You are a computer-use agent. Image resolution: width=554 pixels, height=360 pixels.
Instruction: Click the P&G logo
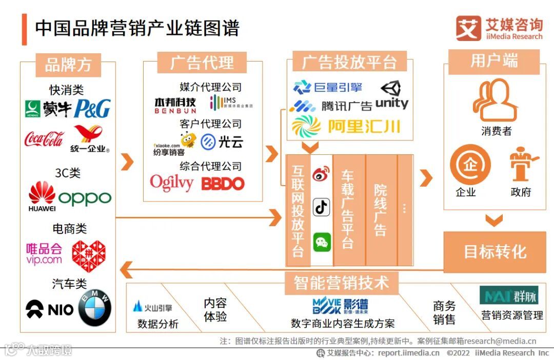[92, 108]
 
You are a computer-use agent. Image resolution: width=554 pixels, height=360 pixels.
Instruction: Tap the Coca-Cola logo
[44, 138]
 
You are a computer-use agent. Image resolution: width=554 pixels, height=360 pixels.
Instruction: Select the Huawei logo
[42, 197]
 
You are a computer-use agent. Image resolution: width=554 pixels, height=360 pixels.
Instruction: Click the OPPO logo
[85, 198]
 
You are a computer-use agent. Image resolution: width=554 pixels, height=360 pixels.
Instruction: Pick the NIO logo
[50, 309]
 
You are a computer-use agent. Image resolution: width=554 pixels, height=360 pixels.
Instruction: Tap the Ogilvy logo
[172, 183]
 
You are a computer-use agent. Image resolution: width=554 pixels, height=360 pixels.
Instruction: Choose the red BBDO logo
[223, 184]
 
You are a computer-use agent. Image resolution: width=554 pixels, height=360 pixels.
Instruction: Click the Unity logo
[392, 96]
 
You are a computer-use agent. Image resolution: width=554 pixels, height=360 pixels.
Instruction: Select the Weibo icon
[322, 174]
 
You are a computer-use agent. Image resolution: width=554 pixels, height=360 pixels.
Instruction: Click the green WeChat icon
[322, 242]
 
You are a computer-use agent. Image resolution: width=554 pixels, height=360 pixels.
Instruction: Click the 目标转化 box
[494, 252]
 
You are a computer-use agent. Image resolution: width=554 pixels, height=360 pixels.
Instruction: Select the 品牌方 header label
[68, 65]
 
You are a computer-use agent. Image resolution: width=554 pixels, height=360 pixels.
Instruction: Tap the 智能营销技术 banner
[341, 282]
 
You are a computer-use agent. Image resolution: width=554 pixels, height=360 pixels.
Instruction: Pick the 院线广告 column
[381, 210]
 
